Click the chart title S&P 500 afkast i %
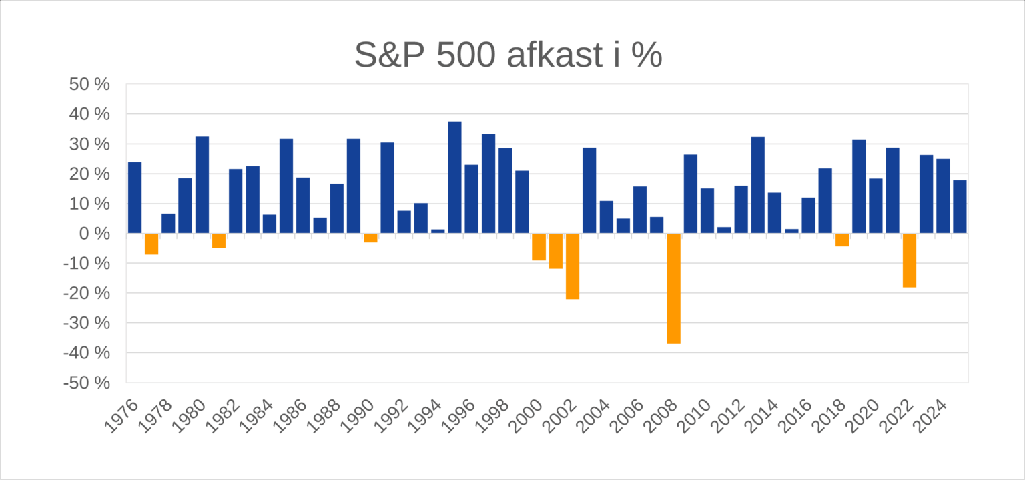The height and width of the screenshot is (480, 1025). (x=508, y=55)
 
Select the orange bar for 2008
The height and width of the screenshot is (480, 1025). (x=673, y=288)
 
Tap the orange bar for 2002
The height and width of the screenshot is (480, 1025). (x=572, y=266)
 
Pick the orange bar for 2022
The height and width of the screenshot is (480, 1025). (x=909, y=260)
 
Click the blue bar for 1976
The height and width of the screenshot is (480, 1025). (x=135, y=198)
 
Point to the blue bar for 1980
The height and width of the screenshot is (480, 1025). (x=202, y=185)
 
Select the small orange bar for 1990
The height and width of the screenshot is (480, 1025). (x=370, y=238)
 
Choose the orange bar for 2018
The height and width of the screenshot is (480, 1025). (x=841, y=240)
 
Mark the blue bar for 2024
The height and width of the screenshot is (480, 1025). (x=942, y=196)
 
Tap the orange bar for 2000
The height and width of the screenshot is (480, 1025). (x=539, y=246)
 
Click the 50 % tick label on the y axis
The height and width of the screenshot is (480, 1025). (x=89, y=85)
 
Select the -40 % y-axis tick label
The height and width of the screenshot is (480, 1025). (x=86, y=352)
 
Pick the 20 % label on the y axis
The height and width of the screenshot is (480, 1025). (x=89, y=174)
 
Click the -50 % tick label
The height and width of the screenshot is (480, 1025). (x=86, y=383)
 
